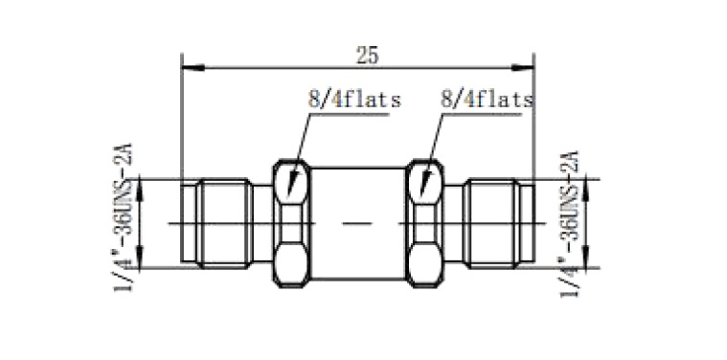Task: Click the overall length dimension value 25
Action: (367, 56)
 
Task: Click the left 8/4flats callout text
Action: (354, 100)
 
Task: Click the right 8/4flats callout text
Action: (487, 100)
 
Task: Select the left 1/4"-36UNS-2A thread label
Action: (124, 217)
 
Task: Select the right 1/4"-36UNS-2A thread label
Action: (570, 223)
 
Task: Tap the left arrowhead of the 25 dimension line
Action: (193, 68)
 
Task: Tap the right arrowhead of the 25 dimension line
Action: (523, 68)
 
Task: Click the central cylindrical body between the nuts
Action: (358, 224)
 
